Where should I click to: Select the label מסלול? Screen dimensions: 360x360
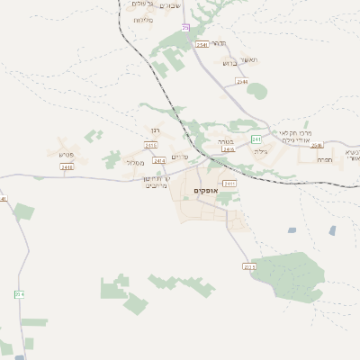135,163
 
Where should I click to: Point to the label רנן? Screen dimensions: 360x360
153,130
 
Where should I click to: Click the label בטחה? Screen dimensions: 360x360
225,141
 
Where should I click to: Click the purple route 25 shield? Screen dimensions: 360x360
185,29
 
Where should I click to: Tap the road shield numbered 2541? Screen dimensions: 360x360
201,44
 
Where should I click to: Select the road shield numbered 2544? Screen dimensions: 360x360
242,82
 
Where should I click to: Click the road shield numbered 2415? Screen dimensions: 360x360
150,145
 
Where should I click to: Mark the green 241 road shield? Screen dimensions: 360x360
256,139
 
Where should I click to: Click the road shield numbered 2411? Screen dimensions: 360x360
229,183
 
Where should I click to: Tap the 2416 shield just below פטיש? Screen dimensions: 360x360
67,166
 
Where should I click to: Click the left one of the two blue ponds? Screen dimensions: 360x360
292,230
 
